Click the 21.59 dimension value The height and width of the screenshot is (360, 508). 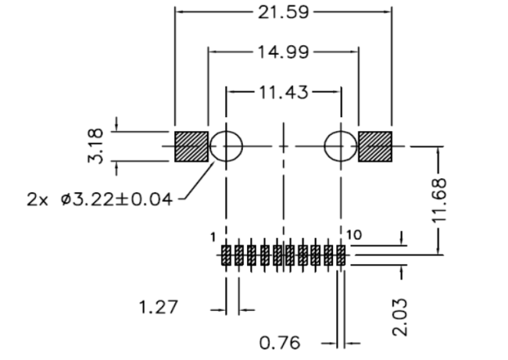pyautogui.click(x=283, y=12)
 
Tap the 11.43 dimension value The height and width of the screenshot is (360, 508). pyautogui.click(x=283, y=91)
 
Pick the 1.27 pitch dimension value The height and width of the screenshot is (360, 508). pyautogui.click(x=159, y=307)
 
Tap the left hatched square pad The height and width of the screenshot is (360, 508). pyautogui.click(x=191, y=146)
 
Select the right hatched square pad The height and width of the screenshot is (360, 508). pyautogui.click(x=374, y=146)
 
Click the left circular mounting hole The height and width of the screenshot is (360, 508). pyautogui.click(x=227, y=146)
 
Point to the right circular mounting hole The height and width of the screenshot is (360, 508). pyautogui.click(x=340, y=146)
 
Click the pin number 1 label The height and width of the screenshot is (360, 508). pyautogui.click(x=213, y=237)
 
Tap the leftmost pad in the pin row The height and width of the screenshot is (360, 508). pyautogui.click(x=226, y=255)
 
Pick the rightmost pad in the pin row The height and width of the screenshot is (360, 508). pyautogui.click(x=341, y=255)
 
